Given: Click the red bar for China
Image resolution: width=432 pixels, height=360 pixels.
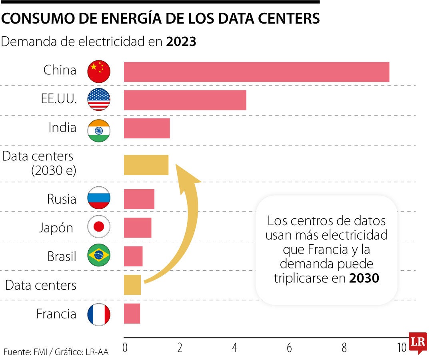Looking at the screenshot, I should (x=256, y=72).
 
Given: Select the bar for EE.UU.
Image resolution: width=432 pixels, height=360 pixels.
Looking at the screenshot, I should (x=185, y=100).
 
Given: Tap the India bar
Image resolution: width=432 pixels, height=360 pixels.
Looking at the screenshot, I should (x=147, y=128).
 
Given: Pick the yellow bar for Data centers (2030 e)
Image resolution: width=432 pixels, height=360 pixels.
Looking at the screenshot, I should (x=146, y=165).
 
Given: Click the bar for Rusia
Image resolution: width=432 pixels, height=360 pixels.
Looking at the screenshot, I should (x=139, y=199).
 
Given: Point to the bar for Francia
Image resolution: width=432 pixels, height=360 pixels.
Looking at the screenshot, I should (x=132, y=314).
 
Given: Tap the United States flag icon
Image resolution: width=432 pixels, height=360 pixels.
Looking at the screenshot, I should (x=99, y=100).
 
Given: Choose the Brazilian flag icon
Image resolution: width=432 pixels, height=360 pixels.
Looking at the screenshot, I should (x=99, y=256).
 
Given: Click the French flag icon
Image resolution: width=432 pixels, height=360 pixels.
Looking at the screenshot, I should (x=99, y=314).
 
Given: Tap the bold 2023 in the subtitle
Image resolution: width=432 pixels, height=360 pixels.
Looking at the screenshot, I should (x=181, y=42).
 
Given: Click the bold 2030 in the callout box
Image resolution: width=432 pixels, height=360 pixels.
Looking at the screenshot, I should (x=364, y=278).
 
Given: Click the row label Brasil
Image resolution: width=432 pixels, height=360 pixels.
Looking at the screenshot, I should (x=62, y=256).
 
